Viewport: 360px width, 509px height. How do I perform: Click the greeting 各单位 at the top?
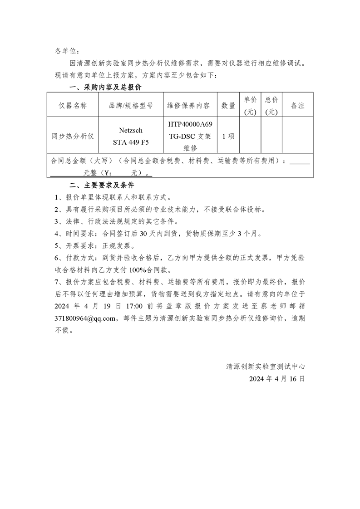pyautogui.click(x=67, y=51)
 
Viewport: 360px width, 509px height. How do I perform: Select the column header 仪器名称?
pyautogui.click(x=73, y=105)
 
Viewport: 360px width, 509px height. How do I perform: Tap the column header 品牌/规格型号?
pyautogui.click(x=131, y=105)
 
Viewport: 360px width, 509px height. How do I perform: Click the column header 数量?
pyautogui.click(x=228, y=105)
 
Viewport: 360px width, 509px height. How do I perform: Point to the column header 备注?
pyautogui.click(x=297, y=105)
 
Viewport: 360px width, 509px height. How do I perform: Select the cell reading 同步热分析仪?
pyautogui.click(x=73, y=136)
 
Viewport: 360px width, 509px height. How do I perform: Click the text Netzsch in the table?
pyautogui.click(x=131, y=130)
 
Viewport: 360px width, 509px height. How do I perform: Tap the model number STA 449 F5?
pyautogui.click(x=131, y=142)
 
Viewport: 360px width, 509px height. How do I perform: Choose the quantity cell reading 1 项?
pyautogui.click(x=228, y=136)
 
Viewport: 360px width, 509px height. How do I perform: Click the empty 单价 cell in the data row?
pyautogui.click(x=251, y=136)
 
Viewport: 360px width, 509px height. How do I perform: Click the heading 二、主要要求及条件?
pyautogui.click(x=101, y=186)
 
